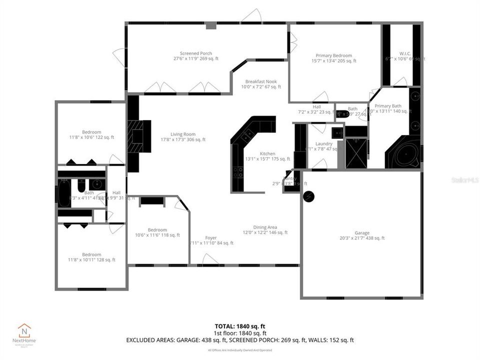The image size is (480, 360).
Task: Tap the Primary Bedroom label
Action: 333,55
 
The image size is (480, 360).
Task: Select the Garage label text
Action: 362,233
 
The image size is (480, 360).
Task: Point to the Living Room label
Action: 183,134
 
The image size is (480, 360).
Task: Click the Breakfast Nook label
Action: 260,81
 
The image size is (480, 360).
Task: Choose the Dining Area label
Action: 265,227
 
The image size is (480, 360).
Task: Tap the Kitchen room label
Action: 267,153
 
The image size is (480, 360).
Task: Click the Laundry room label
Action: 324,143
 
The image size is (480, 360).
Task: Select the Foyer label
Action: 211,238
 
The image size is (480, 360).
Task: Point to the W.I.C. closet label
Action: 405,53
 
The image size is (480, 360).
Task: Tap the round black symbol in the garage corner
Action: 309,196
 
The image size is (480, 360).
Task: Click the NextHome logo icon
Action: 24,330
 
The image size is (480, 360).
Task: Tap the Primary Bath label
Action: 388,106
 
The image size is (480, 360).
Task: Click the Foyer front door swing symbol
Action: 210,258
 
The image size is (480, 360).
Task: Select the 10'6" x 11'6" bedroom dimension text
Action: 157,235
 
